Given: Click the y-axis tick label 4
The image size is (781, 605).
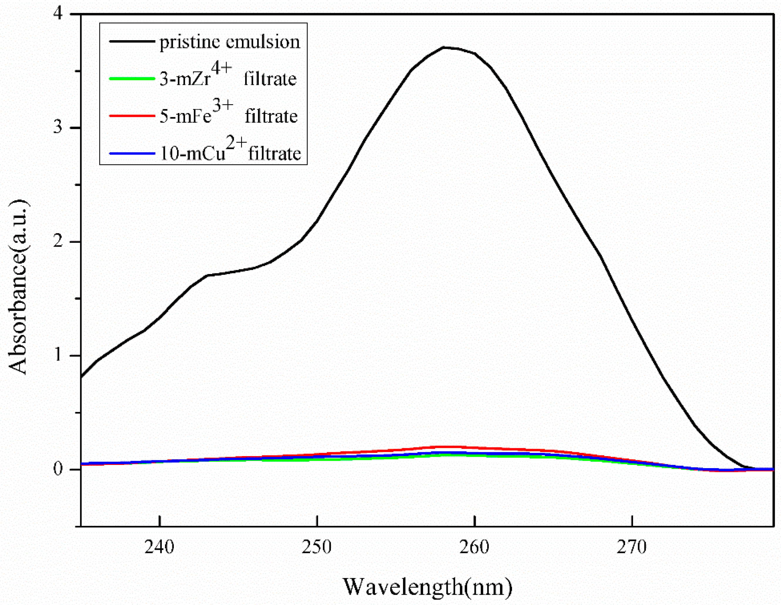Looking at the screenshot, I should click(x=58, y=14).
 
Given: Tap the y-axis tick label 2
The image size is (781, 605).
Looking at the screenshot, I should click(x=58, y=241).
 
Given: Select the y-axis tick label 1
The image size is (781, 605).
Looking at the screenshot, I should click(x=58, y=355).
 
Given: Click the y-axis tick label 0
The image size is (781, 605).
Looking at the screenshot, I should click(x=58, y=468).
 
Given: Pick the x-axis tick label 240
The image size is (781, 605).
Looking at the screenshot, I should click(x=159, y=547).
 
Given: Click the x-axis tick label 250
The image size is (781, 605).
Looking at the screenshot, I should click(x=317, y=547).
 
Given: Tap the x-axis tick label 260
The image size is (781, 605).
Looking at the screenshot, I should click(x=474, y=547).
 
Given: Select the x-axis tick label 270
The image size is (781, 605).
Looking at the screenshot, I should click(x=632, y=547).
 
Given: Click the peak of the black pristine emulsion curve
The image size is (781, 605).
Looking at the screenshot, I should click(x=443, y=47).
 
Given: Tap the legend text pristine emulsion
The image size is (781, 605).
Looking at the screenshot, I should click(x=230, y=42).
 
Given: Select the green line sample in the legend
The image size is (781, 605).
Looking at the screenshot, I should click(x=132, y=78).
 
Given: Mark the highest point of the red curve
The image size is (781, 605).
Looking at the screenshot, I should click(x=445, y=446).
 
